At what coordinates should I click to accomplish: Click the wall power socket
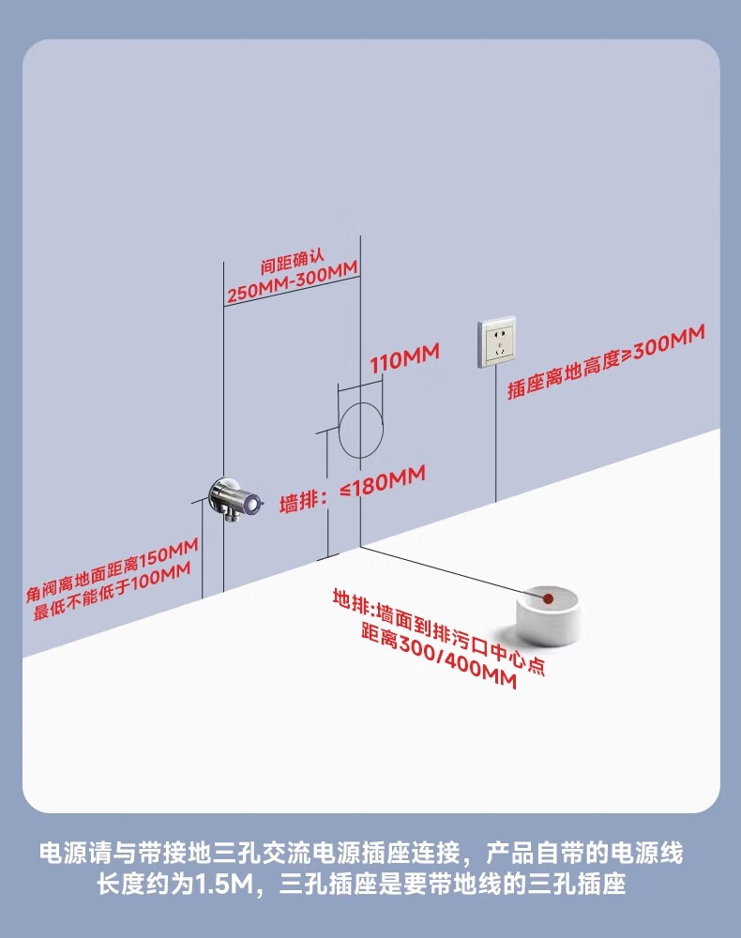click(497, 342)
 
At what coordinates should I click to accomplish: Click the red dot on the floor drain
click(548, 597)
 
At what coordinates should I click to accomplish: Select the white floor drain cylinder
click(549, 614)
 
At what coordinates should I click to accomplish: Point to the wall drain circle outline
click(361, 431)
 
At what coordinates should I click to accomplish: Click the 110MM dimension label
click(404, 359)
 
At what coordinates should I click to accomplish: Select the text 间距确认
click(293, 267)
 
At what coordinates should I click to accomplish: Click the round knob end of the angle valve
click(250, 505)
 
